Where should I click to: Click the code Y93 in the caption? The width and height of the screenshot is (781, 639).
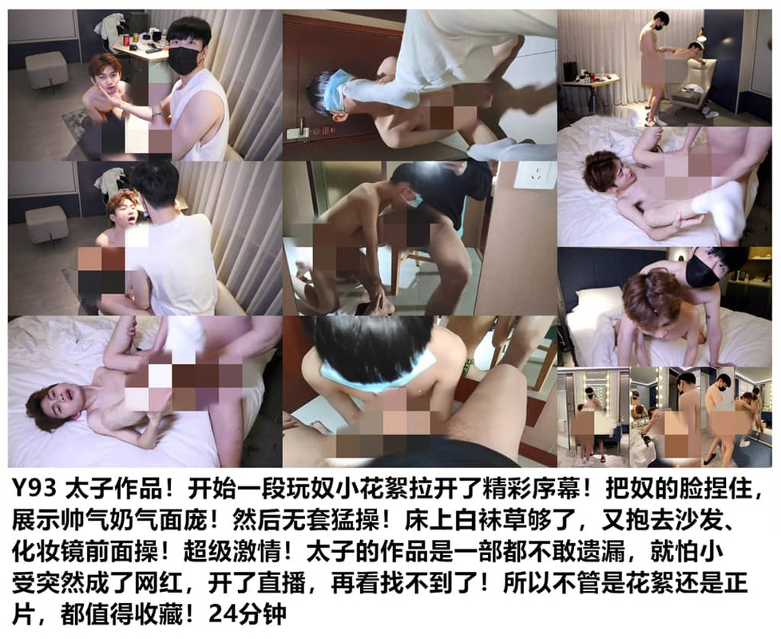[x=34, y=490]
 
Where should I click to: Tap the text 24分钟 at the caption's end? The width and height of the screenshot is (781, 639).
[x=248, y=614]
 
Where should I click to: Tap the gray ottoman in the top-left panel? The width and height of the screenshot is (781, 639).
[x=46, y=70]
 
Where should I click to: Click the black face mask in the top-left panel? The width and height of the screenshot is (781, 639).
[x=184, y=59]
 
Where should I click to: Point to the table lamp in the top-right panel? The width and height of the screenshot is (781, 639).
[x=701, y=37]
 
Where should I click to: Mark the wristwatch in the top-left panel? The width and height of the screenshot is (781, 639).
[x=157, y=116]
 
